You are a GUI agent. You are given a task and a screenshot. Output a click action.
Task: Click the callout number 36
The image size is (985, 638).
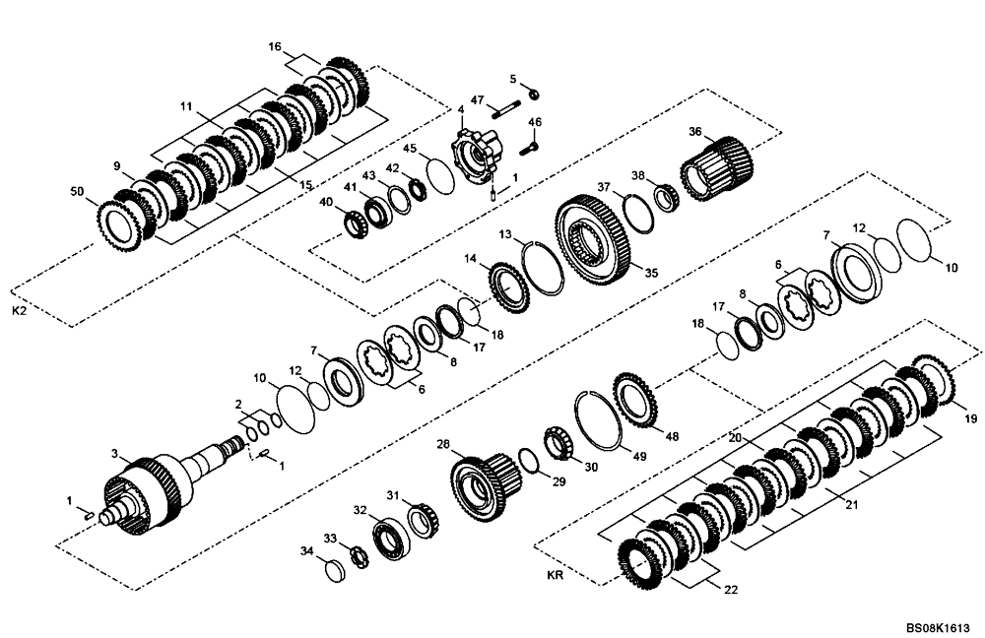coord(694,132)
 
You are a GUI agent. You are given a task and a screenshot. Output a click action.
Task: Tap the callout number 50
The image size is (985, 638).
coord(78,191)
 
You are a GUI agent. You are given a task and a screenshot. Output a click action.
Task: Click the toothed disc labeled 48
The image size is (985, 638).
coord(635,398)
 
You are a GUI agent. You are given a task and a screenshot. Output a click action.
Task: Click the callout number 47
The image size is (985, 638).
coord(477,100)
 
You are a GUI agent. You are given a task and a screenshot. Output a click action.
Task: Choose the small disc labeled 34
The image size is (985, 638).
coord(334,570)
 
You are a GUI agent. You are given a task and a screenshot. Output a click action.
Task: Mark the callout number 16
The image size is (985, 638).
coord(275,46)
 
